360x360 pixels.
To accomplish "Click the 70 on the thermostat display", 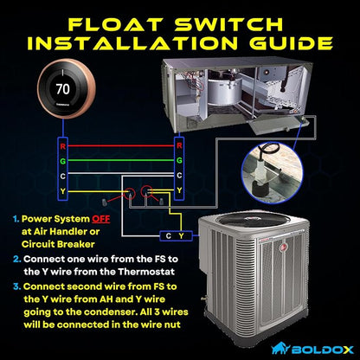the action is pos(62,88).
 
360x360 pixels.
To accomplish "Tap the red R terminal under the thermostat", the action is pos(63,146).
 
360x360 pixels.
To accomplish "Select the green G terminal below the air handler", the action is pos(179,160).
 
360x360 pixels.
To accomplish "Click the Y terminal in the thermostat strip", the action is pos(63,191).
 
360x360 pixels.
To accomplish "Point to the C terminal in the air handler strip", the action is pos(179,176).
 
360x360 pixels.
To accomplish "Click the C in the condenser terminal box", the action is pos(169,236).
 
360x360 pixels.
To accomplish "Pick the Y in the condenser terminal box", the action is pos(181,236).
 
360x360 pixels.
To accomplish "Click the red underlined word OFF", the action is pos(101,219).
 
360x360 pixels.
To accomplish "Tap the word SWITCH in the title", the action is pos(229,24).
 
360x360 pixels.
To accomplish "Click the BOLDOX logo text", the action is pos(322,350).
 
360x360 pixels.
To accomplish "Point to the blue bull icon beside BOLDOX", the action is pos(280,348).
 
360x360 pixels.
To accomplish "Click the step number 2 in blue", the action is pos(17,259).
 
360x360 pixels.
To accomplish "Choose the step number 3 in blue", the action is pos(17,286).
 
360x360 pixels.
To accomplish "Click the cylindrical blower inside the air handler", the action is pos(225,90).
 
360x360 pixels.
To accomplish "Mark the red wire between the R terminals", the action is pos(121,145).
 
